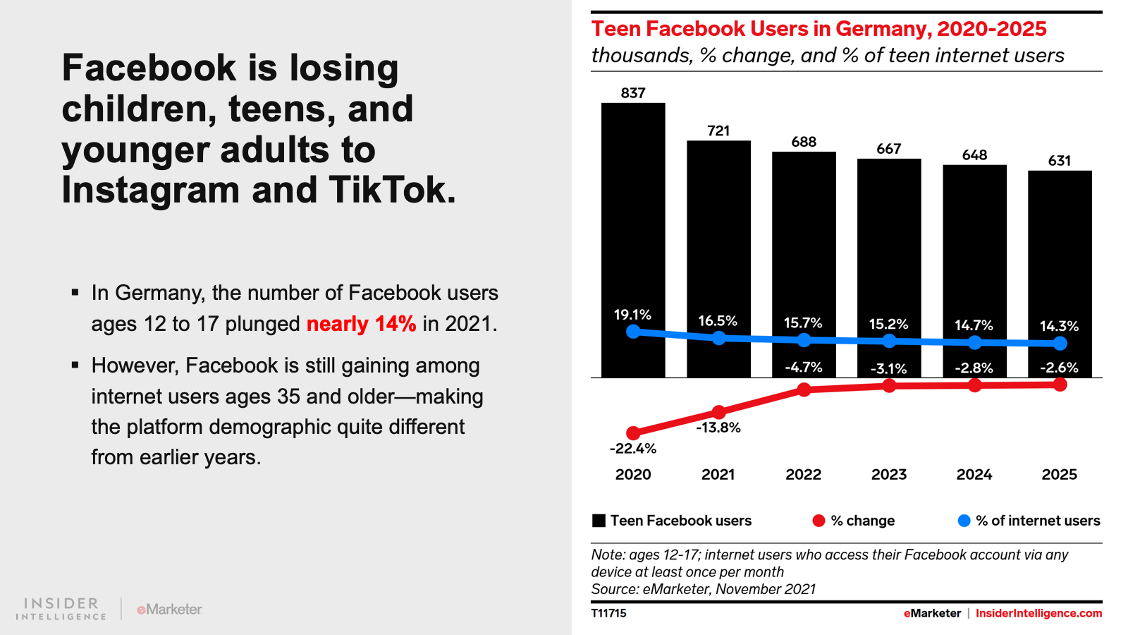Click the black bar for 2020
(632, 212)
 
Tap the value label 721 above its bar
(718, 131)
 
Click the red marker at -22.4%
(633, 433)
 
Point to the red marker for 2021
(718, 412)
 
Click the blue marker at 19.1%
(633, 331)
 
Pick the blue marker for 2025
(1060, 344)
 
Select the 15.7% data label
(803, 323)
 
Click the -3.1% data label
(888, 368)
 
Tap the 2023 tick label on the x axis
(888, 475)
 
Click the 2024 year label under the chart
(974, 475)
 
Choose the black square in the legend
(599, 521)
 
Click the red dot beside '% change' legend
(819, 521)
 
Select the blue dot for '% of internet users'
(964, 521)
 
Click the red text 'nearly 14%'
(361, 324)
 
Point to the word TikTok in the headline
(391, 190)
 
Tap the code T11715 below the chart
(608, 613)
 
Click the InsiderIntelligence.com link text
(1038, 613)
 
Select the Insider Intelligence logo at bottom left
(61, 609)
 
